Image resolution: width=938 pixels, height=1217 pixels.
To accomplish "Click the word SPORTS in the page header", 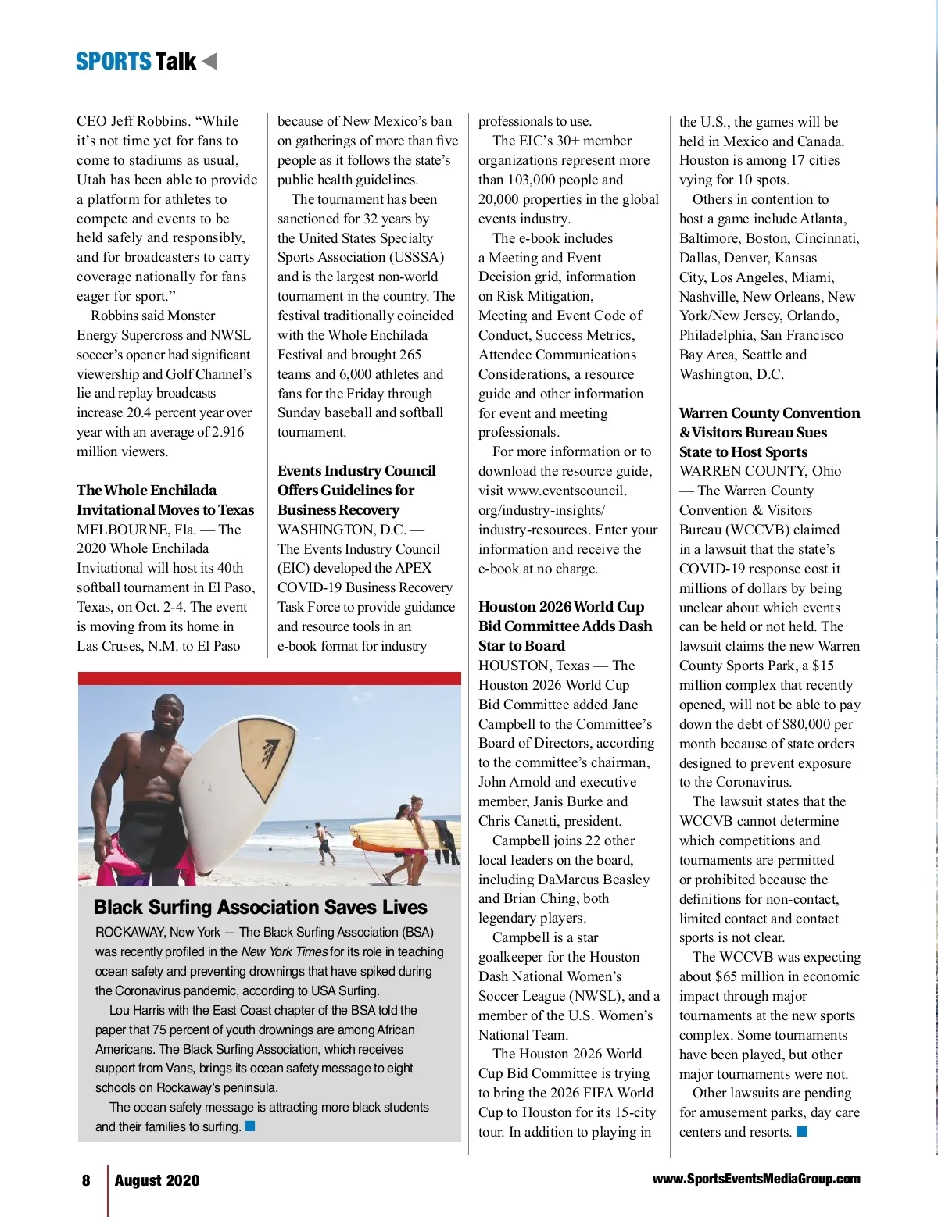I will point(113,62).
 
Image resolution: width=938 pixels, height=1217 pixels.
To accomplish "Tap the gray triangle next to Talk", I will point(209,61).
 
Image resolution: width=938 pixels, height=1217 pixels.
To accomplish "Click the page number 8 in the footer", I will point(86,1180).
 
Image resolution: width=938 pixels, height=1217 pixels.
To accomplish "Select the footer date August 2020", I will point(157,1180).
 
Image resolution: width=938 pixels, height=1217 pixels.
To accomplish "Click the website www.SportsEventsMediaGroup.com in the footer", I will point(756,1179).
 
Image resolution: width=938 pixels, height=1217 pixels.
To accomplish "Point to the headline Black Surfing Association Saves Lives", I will point(260,907).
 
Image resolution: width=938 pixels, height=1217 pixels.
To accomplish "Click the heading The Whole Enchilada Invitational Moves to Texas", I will point(165,500).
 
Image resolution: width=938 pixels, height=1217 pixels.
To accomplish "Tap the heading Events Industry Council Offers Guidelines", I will point(356,490).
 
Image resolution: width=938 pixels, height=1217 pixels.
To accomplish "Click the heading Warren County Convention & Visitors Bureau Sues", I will point(769,432).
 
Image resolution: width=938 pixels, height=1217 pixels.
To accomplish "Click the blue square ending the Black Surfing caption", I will point(250,1126).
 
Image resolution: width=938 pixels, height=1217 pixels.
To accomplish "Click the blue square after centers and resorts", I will point(802,1131).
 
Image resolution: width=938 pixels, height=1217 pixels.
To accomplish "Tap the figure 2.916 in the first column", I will point(227,432).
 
